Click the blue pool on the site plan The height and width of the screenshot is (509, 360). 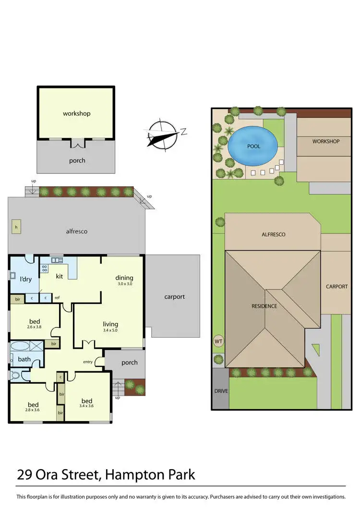(253, 145)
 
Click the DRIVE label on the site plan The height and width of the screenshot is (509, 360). (220, 391)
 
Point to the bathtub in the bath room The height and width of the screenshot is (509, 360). (20, 347)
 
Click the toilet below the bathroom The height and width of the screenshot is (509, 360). (14, 376)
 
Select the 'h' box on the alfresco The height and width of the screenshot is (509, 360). (17, 227)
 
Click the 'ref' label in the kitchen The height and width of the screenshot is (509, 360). (57, 298)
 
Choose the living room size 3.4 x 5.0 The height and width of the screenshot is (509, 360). (110, 330)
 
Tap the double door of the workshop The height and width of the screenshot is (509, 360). (77, 143)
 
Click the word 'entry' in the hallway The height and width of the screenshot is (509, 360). (88, 362)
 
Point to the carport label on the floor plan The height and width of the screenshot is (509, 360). (174, 297)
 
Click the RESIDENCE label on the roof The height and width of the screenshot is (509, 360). (264, 306)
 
